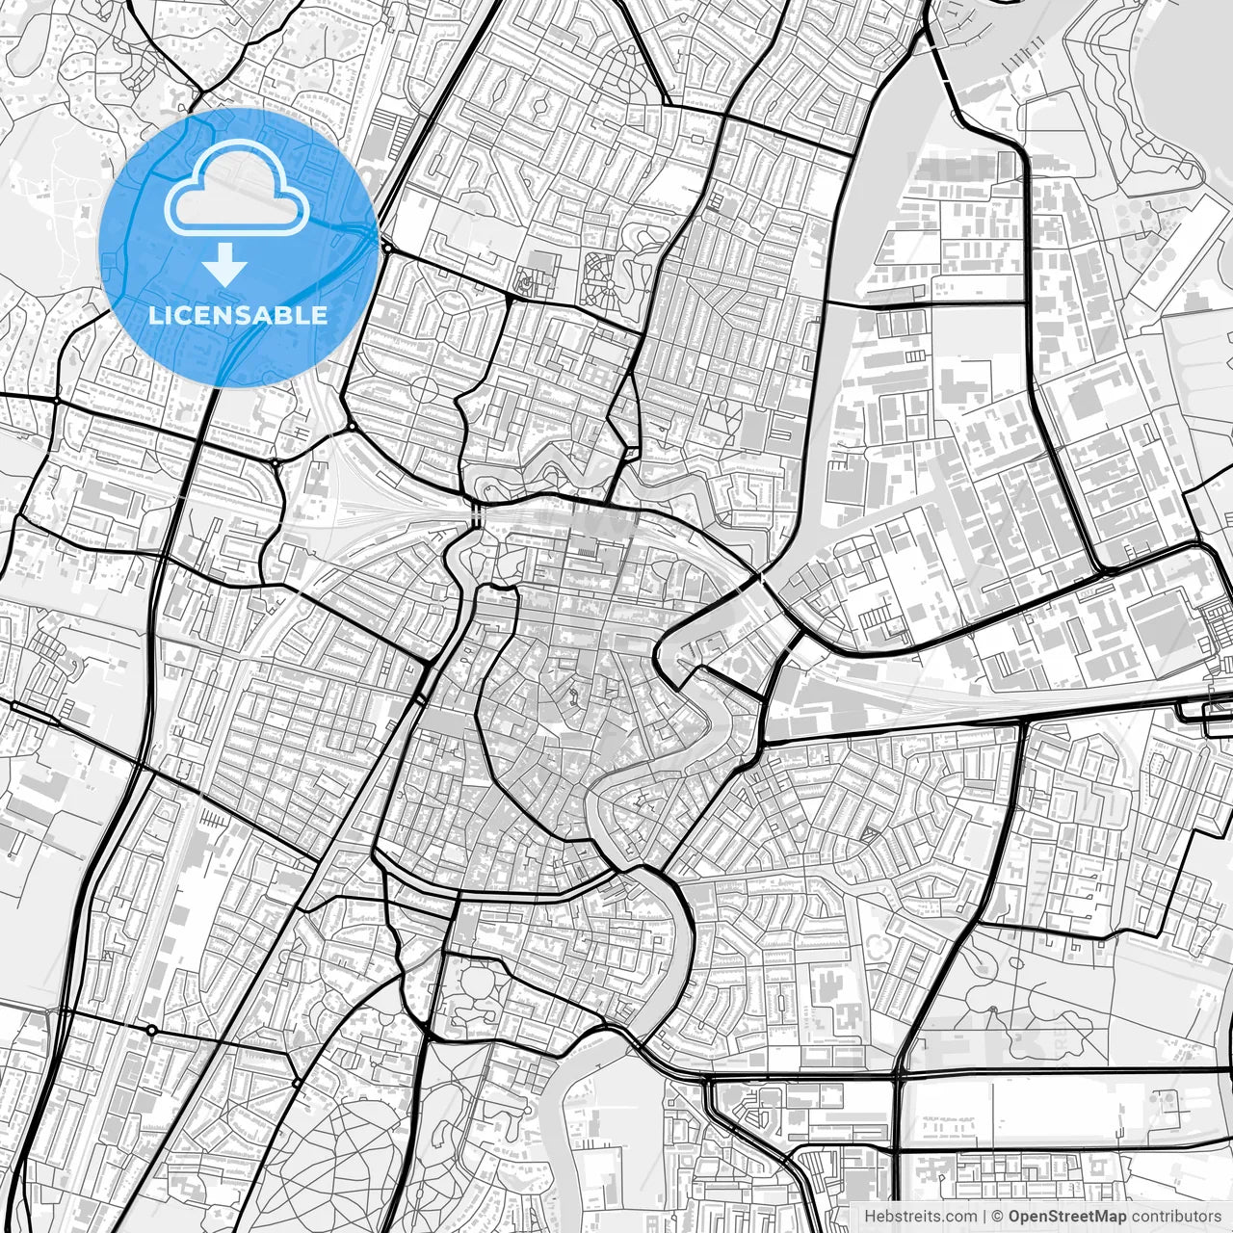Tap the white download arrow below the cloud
[x=226, y=263]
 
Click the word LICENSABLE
[x=238, y=315]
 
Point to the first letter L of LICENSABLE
[x=154, y=315]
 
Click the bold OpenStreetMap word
[x=1067, y=1217]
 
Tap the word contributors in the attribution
[x=1176, y=1217]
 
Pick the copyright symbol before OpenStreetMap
[x=998, y=1217]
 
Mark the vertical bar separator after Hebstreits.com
[x=984, y=1217]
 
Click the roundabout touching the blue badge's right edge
[x=386, y=249]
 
